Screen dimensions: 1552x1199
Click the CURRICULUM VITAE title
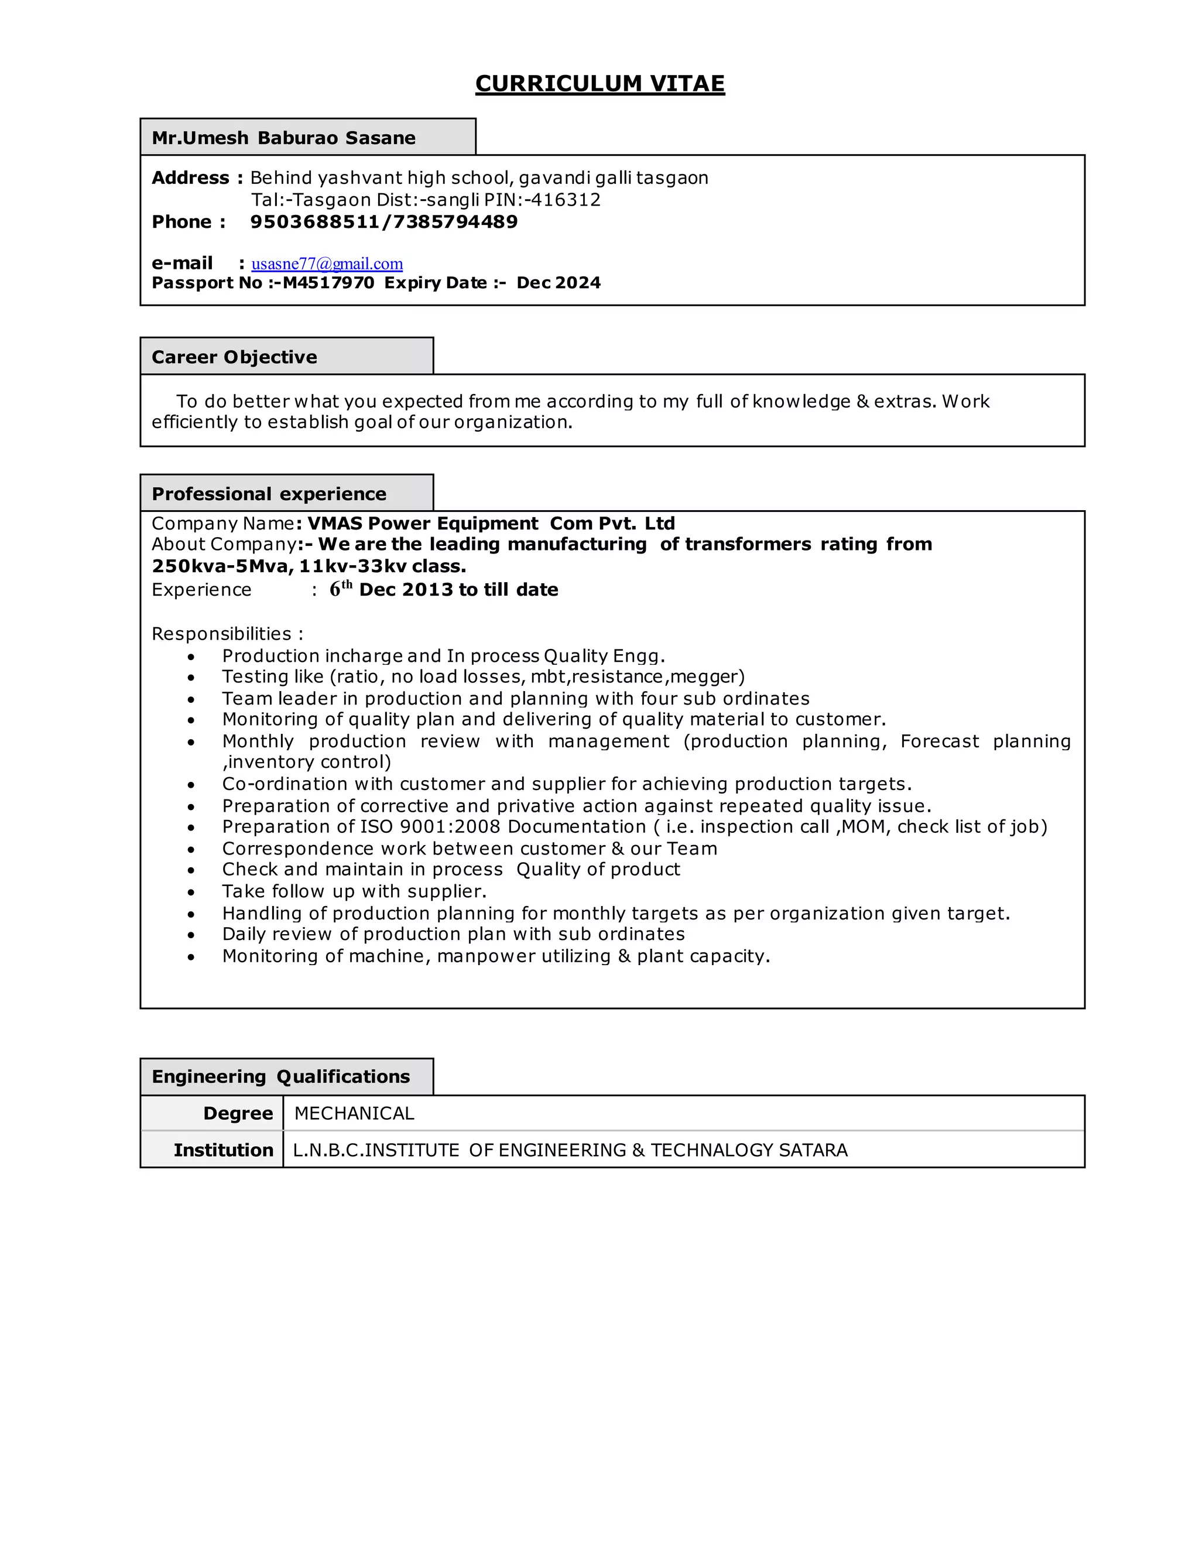(599, 84)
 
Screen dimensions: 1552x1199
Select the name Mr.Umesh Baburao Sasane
(283, 138)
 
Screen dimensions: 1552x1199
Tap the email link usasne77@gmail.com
(327, 264)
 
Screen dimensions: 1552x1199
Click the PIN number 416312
(566, 200)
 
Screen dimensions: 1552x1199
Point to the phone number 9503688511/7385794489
(383, 222)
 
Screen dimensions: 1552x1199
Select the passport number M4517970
(328, 283)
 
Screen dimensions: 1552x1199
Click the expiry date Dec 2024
(559, 283)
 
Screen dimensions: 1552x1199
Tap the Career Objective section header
(234, 357)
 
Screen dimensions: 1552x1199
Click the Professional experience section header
(269, 494)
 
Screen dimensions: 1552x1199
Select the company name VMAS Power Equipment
(423, 524)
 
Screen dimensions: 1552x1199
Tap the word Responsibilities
(222, 634)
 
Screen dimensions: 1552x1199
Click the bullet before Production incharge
(191, 657)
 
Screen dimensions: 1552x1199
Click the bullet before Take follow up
(191, 893)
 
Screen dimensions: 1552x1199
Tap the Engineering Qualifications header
(280, 1076)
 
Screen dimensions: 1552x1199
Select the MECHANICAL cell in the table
(354, 1113)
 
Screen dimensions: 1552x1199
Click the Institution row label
(223, 1150)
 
